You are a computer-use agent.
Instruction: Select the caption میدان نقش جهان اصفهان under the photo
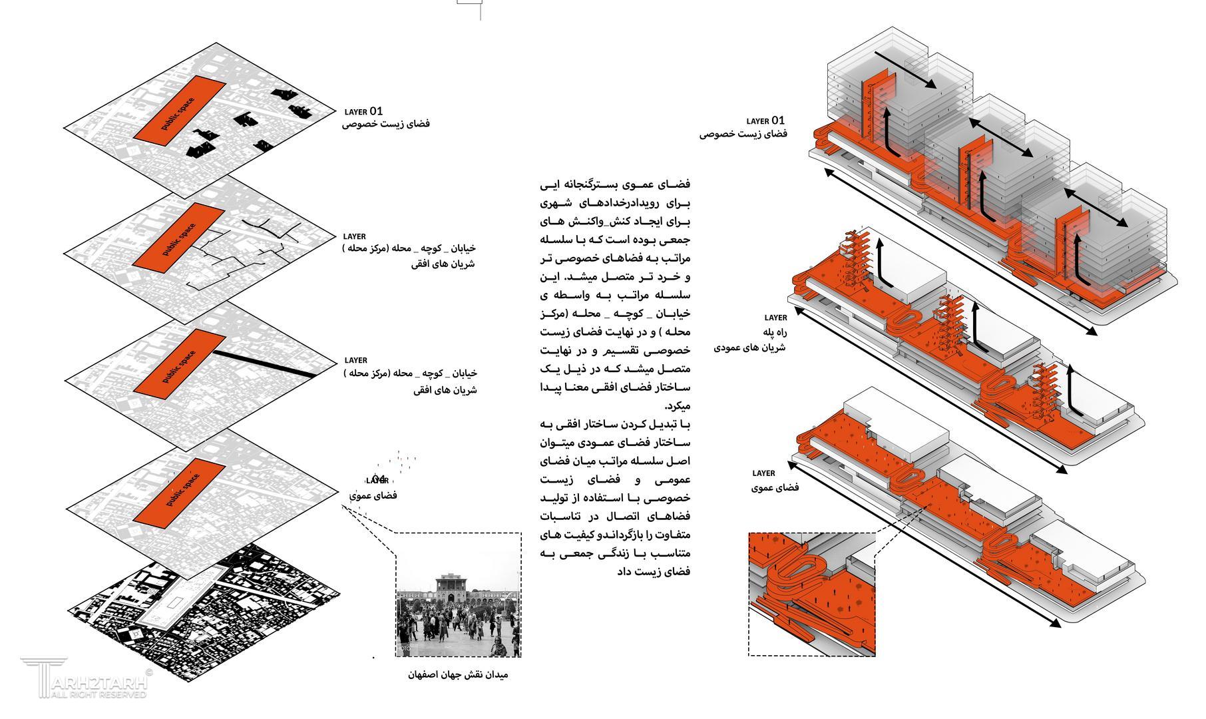click(458, 674)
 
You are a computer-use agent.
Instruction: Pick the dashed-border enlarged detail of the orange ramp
click(811, 594)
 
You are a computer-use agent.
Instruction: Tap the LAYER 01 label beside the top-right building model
click(765, 121)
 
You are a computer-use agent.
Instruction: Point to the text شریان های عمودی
click(750, 348)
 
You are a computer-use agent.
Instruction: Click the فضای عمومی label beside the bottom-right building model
click(775, 488)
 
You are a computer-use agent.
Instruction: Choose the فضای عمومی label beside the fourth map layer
click(373, 496)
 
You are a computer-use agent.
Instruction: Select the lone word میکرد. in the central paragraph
click(678, 405)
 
